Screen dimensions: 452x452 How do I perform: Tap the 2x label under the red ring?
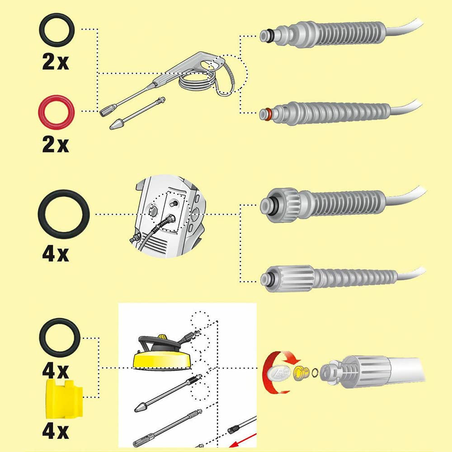pyautogui.click(x=55, y=145)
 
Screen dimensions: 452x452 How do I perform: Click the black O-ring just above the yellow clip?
pyautogui.click(x=60, y=337)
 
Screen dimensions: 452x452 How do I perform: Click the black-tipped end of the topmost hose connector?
pyautogui.click(x=267, y=33)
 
